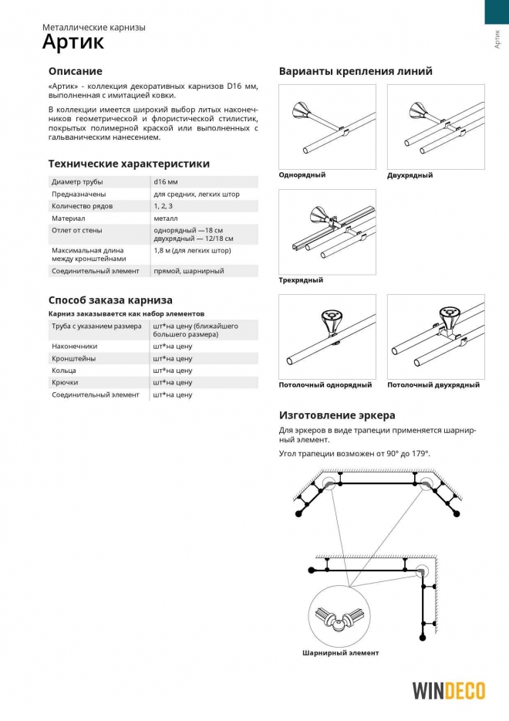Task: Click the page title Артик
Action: click(72, 42)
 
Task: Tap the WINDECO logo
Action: click(448, 690)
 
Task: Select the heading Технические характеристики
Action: click(129, 164)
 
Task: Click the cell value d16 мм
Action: click(166, 181)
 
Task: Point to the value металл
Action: click(167, 218)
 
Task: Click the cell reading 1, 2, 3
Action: click(163, 206)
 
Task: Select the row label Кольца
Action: click(64, 371)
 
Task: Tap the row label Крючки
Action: click(65, 382)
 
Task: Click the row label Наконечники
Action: click(75, 346)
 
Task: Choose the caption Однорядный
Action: click(302, 174)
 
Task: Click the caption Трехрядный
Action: click(301, 279)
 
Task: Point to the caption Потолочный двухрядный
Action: click(433, 384)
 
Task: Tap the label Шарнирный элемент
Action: click(340, 653)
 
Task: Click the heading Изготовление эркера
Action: click(337, 415)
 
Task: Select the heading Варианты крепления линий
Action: click(356, 71)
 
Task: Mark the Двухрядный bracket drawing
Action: click(436, 126)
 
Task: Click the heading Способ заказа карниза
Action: click(110, 300)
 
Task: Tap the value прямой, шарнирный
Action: click(189, 271)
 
